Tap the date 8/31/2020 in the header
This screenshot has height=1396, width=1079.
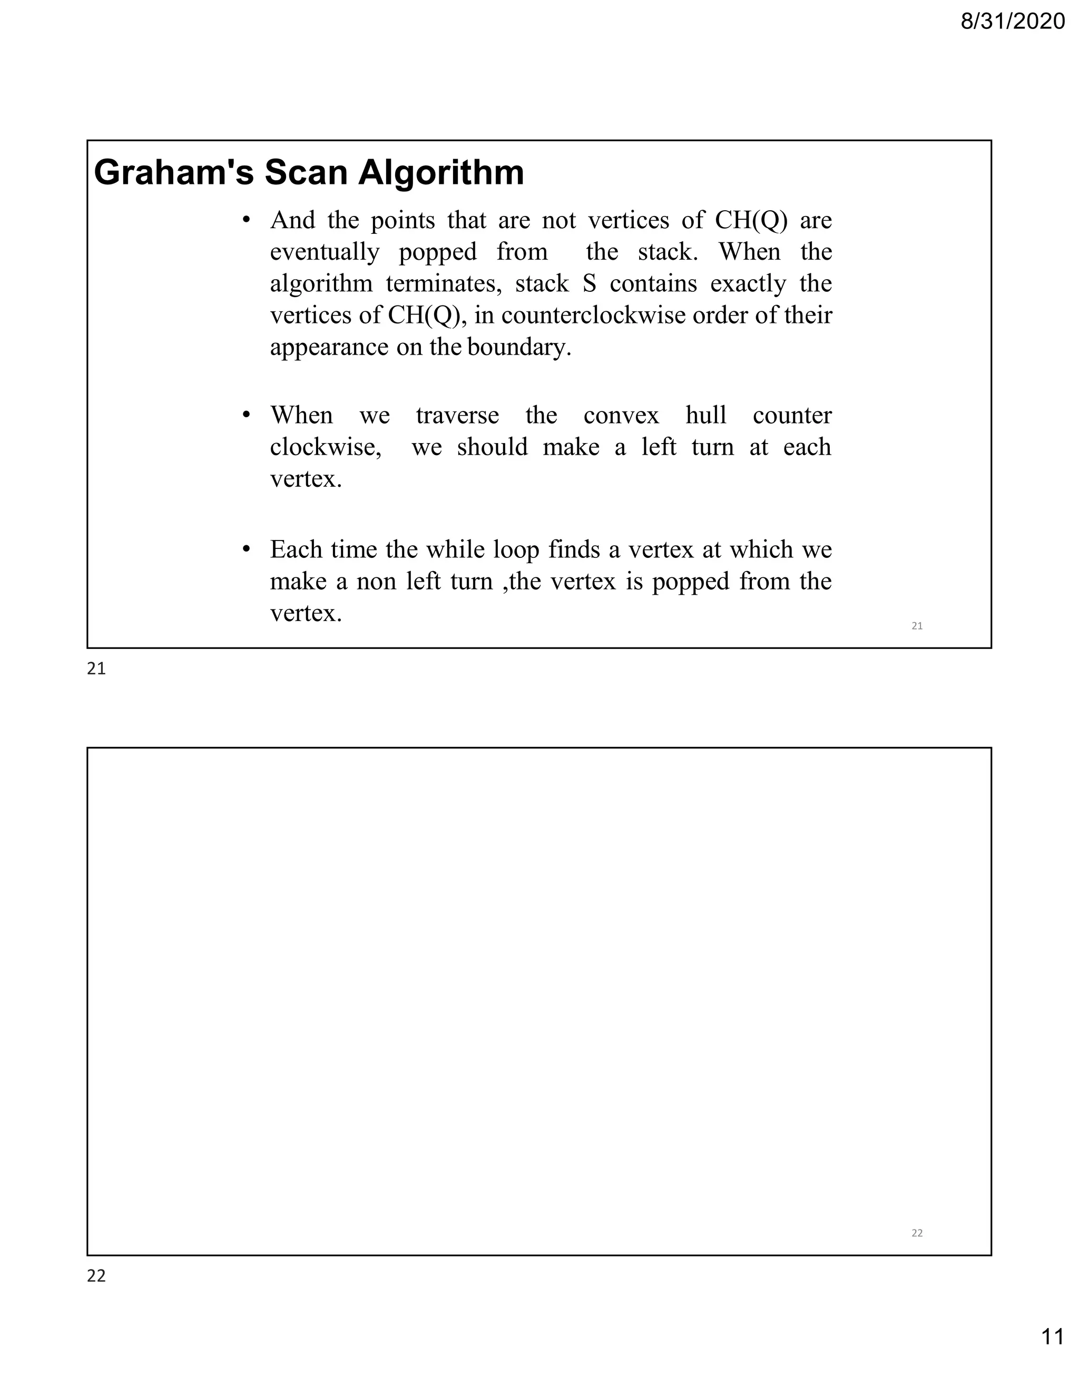(1013, 22)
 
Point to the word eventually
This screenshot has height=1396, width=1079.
(325, 252)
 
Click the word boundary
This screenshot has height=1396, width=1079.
(519, 348)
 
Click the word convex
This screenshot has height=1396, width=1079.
(621, 416)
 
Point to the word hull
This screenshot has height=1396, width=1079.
(705, 416)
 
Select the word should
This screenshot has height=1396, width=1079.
(492, 447)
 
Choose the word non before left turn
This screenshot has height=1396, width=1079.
(374, 582)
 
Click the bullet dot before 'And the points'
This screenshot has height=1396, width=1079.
(246, 220)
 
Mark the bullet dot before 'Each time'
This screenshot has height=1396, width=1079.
(246, 549)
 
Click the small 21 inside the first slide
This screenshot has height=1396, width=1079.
(917, 626)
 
